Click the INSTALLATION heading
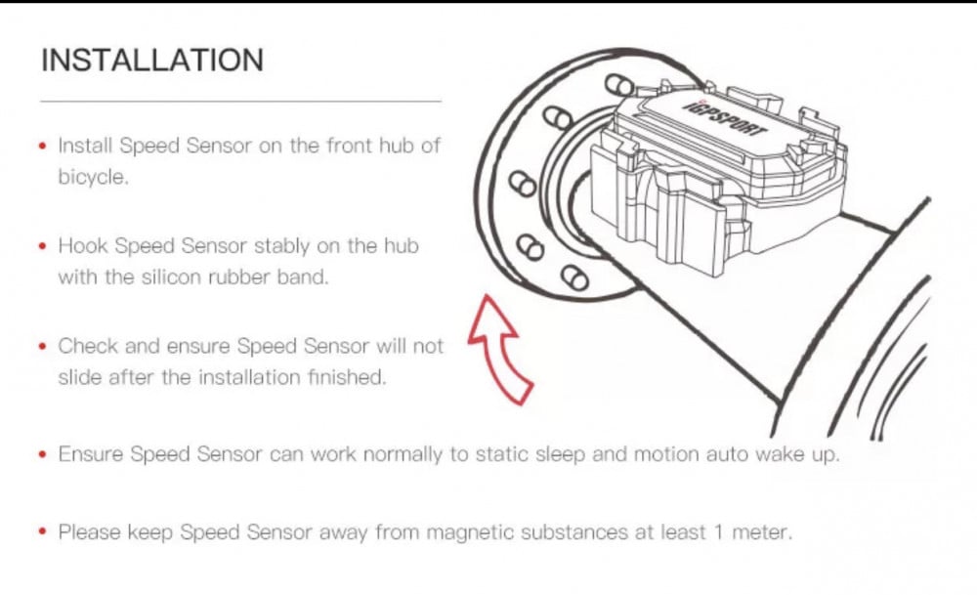pyautogui.click(x=152, y=60)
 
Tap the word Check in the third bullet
pyautogui.click(x=88, y=345)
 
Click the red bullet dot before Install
pyautogui.click(x=43, y=147)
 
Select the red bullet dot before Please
pyautogui.click(x=43, y=533)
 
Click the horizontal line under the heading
pyautogui.click(x=240, y=100)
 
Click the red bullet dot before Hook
pyautogui.click(x=43, y=246)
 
